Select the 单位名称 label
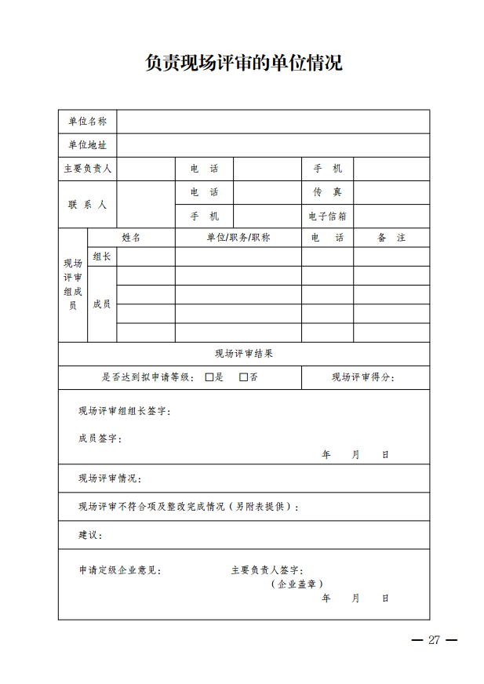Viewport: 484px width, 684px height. click(x=87, y=122)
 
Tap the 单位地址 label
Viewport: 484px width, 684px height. click(x=87, y=145)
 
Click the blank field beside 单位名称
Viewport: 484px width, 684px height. click(x=273, y=122)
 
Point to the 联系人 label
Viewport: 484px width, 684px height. click(x=87, y=204)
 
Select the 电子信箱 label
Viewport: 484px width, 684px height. click(x=328, y=216)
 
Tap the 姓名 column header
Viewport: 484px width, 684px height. click(x=131, y=238)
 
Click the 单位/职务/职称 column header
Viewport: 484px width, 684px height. click(x=238, y=238)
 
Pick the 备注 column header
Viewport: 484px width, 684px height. click(x=391, y=238)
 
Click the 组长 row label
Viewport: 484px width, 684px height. click(x=102, y=256)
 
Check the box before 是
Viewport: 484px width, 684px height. click(x=209, y=377)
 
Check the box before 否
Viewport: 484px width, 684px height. click(x=244, y=377)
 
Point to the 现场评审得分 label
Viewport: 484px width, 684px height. click(x=363, y=377)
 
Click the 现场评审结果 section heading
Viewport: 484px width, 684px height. click(x=244, y=354)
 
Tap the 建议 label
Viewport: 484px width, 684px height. click(x=90, y=535)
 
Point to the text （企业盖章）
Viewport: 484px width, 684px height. click(x=297, y=584)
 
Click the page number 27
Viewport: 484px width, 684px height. click(x=434, y=640)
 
